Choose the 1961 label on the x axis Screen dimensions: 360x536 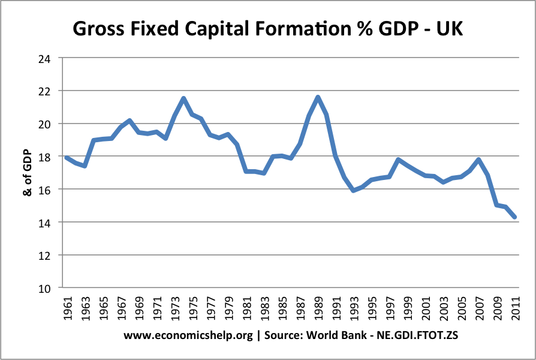pyautogui.click(x=67, y=309)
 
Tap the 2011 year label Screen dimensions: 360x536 pyautogui.click(x=515, y=309)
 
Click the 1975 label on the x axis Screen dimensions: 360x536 pyautogui.click(x=192, y=309)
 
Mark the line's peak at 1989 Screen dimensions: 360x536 pyautogui.click(x=318, y=97)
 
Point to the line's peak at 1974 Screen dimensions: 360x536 pyautogui.click(x=183, y=98)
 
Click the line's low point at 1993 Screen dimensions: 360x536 pyautogui.click(x=354, y=190)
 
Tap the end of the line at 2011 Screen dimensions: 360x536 pyautogui.click(x=515, y=217)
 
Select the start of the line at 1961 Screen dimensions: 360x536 pyautogui.click(x=67, y=158)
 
